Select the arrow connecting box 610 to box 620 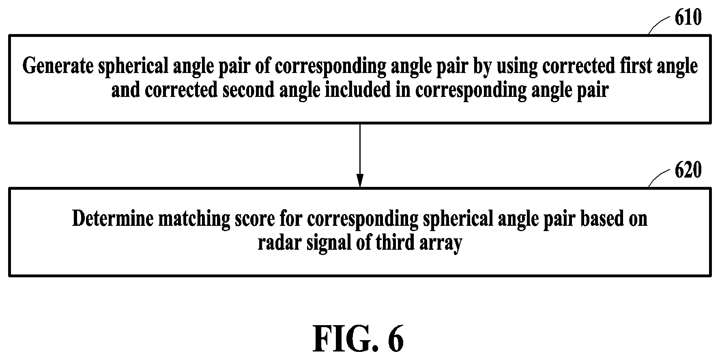pos(359,155)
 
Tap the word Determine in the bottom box pos(112,219)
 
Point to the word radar pos(275,243)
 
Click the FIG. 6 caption pos(359,339)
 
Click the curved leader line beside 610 pos(660,25)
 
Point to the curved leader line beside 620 pos(660,178)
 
